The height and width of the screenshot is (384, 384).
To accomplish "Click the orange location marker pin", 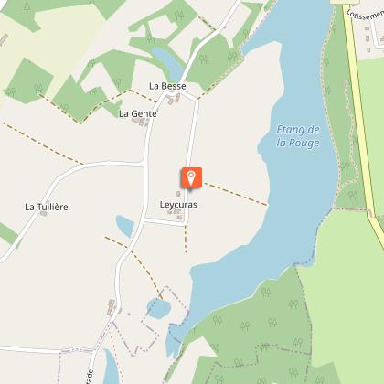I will click(x=191, y=177).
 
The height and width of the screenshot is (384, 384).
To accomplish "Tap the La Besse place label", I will click(x=168, y=86).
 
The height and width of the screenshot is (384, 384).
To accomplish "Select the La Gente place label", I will click(x=138, y=113).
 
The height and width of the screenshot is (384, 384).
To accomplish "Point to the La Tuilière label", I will click(x=47, y=207).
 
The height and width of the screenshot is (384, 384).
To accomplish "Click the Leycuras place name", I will click(x=178, y=204).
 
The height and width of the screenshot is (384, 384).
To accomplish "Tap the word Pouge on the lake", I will click(x=295, y=143).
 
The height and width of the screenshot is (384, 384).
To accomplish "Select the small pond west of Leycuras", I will click(x=124, y=225).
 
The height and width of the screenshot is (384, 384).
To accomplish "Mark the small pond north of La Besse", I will click(x=167, y=63).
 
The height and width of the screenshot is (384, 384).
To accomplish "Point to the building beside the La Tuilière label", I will click(x=43, y=214).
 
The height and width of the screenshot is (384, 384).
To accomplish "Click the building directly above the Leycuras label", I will click(x=179, y=194).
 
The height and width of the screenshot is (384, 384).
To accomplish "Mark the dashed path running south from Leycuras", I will click(x=186, y=233).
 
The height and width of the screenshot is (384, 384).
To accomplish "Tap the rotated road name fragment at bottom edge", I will click(x=90, y=375).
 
